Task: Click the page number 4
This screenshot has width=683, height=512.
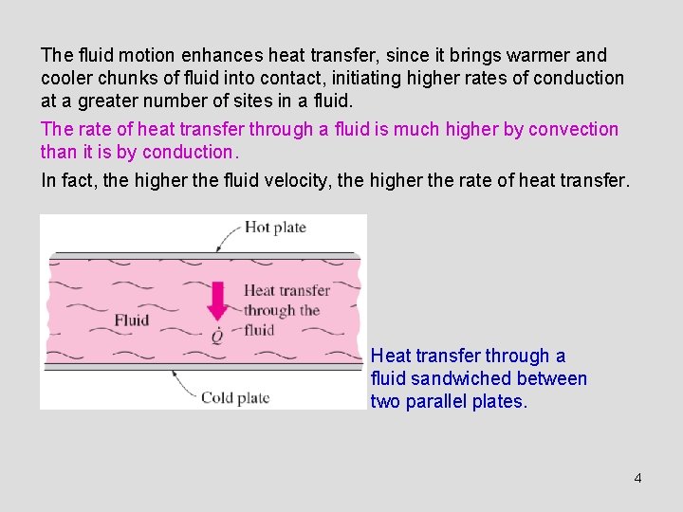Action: coord(637,478)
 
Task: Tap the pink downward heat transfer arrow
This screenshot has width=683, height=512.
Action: coord(217,300)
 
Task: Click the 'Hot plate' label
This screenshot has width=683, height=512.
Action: coord(276,227)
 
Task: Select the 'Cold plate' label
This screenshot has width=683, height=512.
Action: coord(235,398)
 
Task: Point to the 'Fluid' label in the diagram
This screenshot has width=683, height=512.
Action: coord(132,320)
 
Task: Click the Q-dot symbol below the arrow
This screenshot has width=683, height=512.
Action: coord(217,335)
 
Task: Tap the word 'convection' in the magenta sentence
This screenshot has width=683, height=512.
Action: coord(573,130)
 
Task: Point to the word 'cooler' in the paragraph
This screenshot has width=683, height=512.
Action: coord(67,79)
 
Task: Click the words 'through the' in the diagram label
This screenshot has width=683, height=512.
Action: coord(282,310)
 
